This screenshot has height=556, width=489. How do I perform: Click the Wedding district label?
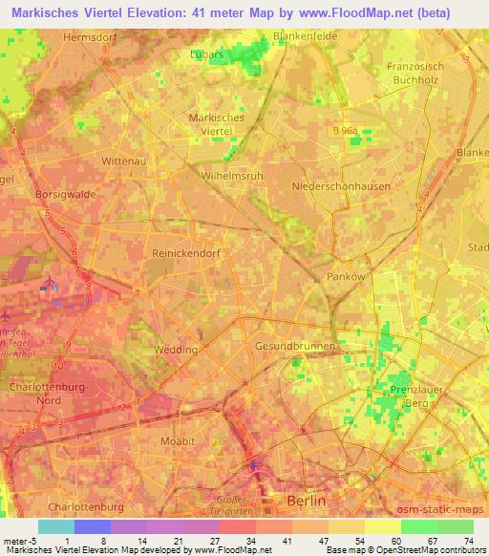pyautogui.click(x=176, y=349)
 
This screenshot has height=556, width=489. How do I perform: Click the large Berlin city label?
pyautogui.click(x=308, y=501)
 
